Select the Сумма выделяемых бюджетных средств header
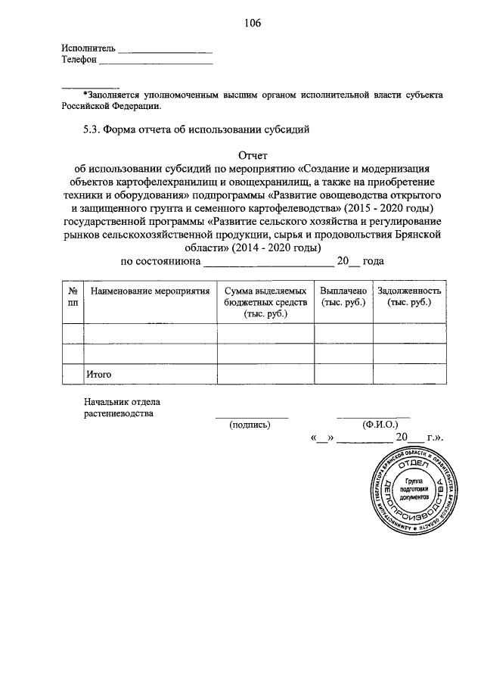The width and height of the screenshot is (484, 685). tap(265, 302)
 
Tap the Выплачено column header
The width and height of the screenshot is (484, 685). tap(343, 297)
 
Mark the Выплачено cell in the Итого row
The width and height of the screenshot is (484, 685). tap(343, 374)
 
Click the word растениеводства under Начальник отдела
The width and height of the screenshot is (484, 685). tap(118, 414)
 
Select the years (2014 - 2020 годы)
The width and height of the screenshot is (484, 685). tap(275, 248)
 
